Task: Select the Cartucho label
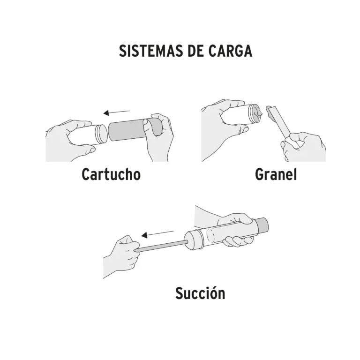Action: coord(111,174)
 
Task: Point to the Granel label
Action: coord(276,174)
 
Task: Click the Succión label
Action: coord(200,292)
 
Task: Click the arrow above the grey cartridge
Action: coord(117,112)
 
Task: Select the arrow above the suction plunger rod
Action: coord(157,234)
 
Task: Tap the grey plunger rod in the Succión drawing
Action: coord(162,246)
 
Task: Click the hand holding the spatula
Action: coord(303,146)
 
